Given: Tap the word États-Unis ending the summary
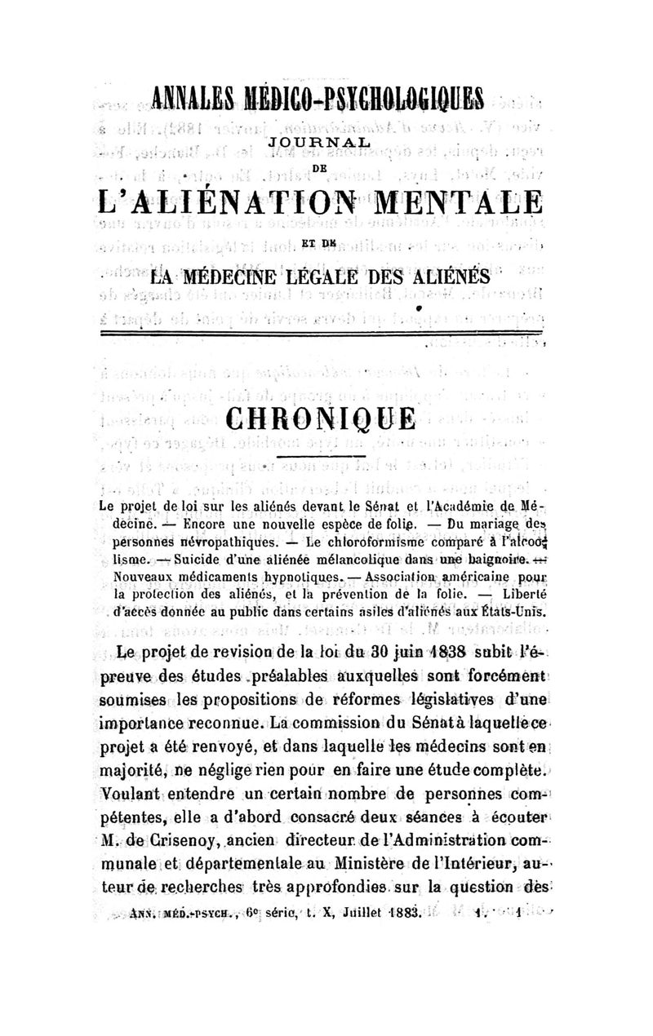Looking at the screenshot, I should point(513,609).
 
